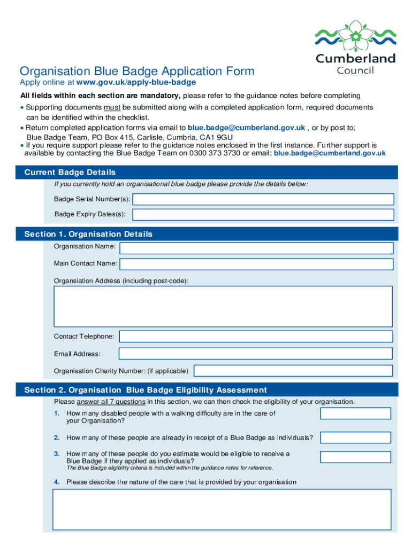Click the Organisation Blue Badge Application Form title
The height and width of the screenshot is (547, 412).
[137, 71]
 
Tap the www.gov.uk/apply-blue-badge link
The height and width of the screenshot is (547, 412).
[136, 82]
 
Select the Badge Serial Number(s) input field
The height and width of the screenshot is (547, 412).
[263, 199]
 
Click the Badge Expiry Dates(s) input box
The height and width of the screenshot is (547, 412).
[263, 215]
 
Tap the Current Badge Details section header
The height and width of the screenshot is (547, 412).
[70, 173]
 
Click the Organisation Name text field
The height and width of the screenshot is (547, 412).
[256, 248]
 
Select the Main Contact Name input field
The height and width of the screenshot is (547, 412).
[256, 264]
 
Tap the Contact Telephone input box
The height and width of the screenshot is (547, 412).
[256, 337]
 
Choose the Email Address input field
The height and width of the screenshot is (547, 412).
[256, 354]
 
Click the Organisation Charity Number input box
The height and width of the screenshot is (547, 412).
[293, 371]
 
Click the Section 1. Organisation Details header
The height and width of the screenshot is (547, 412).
[88, 234]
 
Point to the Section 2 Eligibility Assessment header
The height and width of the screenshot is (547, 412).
[146, 390]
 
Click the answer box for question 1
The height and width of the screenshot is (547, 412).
[355, 413]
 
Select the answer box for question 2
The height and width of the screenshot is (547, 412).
[355, 437]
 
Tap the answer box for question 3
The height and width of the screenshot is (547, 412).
[355, 457]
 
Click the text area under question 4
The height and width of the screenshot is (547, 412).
[222, 510]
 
